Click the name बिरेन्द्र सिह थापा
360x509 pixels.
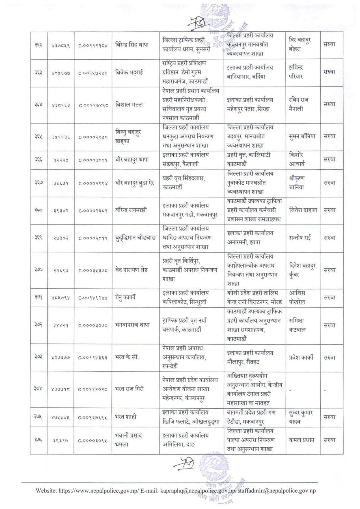point(132,45)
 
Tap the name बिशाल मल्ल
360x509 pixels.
point(129,105)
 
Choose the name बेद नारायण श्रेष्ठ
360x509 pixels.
point(132,270)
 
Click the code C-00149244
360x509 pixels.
point(93,298)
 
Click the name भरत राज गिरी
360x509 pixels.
point(130,389)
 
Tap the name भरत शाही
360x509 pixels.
point(126,417)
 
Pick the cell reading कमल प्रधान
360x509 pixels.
point(301,440)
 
